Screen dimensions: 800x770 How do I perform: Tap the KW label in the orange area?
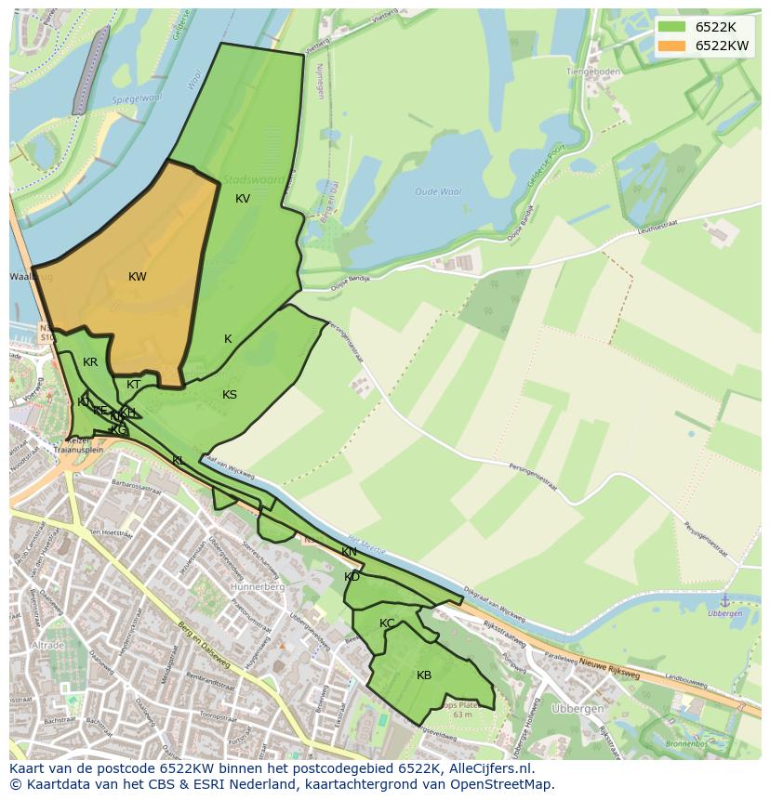(x=138, y=276)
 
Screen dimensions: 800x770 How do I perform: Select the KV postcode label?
(x=243, y=198)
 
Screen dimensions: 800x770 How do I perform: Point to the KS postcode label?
(x=230, y=394)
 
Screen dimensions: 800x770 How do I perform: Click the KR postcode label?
(x=90, y=361)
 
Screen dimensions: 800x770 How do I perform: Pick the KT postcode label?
(x=133, y=384)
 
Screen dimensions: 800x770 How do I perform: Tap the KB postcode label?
(x=424, y=675)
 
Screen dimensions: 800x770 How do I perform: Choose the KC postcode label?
(x=387, y=623)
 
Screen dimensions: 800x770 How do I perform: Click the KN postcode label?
(x=349, y=552)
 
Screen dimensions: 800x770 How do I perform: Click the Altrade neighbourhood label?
(x=46, y=645)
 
